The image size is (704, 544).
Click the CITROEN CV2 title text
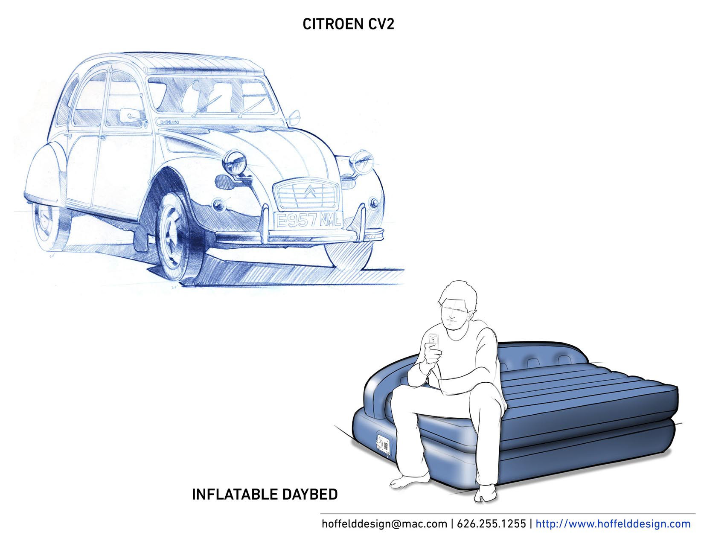pos(348,24)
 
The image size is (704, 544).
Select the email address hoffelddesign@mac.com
pos(384,524)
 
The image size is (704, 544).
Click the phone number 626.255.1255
pos(491,524)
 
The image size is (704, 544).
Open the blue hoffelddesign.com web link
pos(613,524)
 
